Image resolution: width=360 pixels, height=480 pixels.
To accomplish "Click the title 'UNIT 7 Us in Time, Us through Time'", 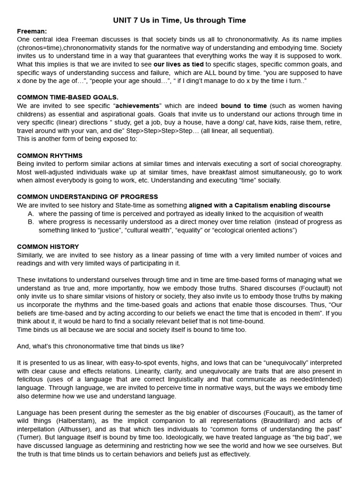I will coord(180,20).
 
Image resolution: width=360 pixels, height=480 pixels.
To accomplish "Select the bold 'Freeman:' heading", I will coord(32,31).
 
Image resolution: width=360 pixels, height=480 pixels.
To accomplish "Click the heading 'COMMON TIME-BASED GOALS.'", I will coord(67,97).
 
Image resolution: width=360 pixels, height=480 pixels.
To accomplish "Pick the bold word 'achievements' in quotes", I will coord(138,105).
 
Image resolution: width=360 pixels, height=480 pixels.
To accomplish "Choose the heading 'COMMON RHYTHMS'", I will coord(50,155).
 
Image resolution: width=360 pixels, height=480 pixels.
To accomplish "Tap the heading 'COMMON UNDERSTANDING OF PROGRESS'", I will coord(87,197).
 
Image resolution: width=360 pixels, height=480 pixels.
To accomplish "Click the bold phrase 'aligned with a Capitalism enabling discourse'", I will coord(259,205).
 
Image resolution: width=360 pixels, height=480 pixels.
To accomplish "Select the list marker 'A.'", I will coord(31,214).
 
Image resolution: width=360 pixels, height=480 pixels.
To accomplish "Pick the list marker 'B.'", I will coord(31,222).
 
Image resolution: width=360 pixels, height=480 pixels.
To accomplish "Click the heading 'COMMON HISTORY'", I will coord(48,247).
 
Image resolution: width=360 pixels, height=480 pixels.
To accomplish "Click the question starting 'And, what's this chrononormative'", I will coord(101,346).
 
